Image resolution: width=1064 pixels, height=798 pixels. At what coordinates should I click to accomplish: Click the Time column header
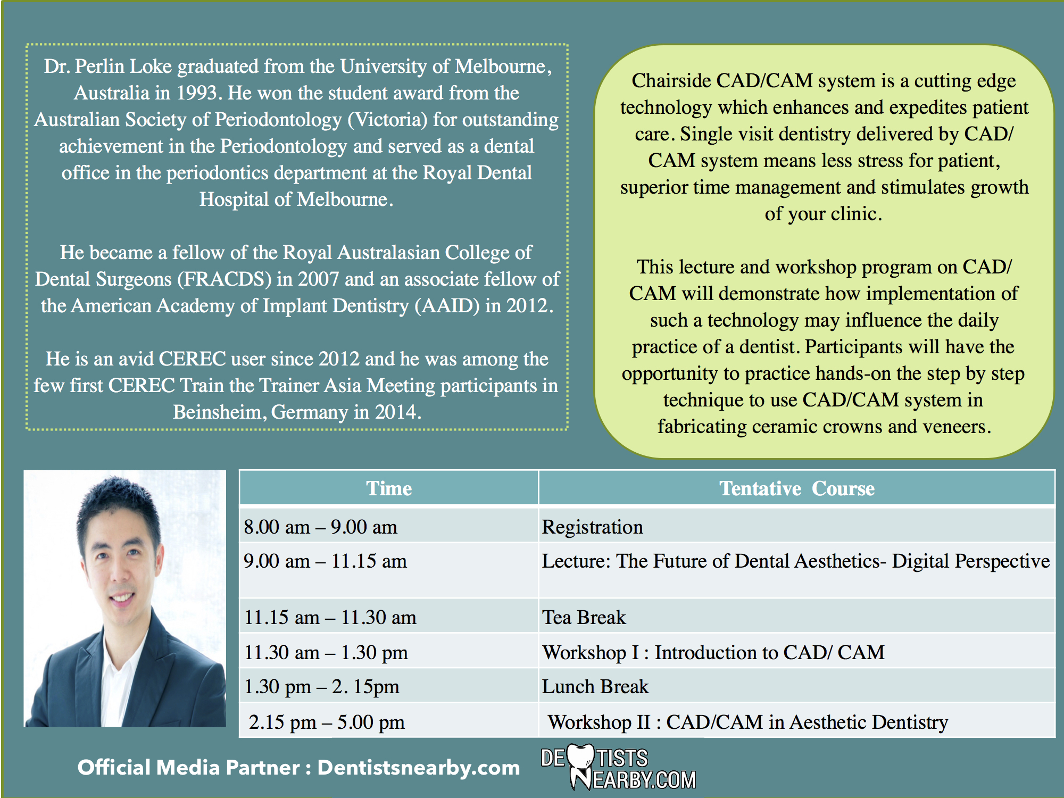coord(389,488)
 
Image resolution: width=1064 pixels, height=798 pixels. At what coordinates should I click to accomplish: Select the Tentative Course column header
coord(796,488)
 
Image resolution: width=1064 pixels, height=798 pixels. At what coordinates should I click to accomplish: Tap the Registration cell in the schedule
coord(796,526)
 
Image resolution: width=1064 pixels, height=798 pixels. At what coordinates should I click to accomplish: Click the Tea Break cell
coord(796,616)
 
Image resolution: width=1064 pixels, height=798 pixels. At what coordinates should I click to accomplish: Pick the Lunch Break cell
coord(796,686)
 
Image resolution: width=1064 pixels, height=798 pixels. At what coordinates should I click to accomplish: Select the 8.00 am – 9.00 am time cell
coord(389,526)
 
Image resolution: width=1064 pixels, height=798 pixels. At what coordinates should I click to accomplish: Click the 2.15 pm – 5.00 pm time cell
coord(389,721)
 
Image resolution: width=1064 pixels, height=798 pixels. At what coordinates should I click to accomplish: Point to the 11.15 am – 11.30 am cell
coord(389,616)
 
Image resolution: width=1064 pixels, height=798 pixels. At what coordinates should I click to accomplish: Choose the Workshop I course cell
coord(796,651)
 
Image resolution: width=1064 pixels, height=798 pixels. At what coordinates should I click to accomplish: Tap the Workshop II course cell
coord(796,721)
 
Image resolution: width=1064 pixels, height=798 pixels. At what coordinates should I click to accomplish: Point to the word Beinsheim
coord(219,412)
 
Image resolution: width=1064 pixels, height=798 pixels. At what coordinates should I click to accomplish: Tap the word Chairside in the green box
coord(671,81)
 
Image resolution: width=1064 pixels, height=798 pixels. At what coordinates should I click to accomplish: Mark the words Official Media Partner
coord(189,767)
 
